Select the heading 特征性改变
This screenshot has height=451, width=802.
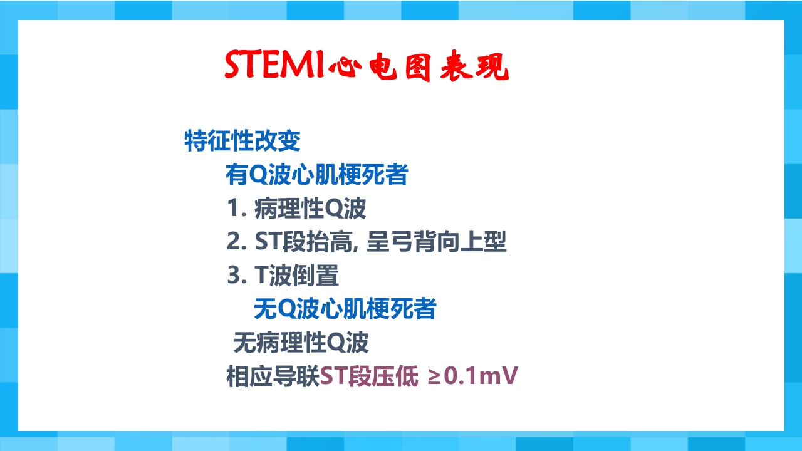point(242,140)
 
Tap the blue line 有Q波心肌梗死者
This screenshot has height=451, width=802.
point(316,175)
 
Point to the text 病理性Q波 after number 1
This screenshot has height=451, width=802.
point(310,209)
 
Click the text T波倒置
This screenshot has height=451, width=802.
point(296,276)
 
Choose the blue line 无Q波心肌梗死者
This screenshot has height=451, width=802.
point(345,309)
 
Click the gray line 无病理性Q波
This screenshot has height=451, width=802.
point(301,343)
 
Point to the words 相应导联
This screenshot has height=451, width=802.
point(273,376)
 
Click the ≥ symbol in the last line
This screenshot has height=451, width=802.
point(434,377)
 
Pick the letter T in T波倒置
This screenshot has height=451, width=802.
point(261,276)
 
